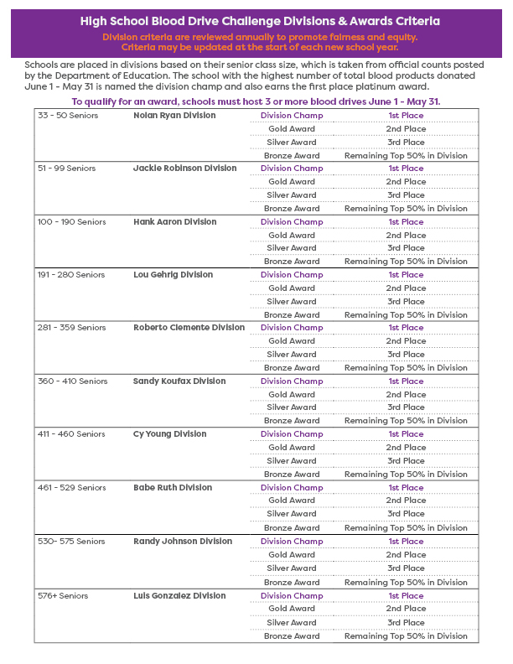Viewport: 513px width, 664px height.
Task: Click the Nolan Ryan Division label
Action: (174, 116)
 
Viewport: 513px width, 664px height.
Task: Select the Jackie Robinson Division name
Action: (184, 169)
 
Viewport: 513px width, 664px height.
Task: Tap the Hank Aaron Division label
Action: (174, 222)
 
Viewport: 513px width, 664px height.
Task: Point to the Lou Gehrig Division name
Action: (173, 275)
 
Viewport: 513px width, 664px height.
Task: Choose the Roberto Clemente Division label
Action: (189, 328)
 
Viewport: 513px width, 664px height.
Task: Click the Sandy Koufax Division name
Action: (179, 381)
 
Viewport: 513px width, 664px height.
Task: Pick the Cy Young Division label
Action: (169, 434)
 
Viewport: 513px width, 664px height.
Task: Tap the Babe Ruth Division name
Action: (173, 488)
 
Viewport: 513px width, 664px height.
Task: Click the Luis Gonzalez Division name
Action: (179, 596)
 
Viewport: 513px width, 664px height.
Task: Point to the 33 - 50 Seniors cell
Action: (68, 116)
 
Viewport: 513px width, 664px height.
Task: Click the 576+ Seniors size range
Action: (62, 596)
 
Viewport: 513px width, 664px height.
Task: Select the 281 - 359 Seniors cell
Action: (73, 328)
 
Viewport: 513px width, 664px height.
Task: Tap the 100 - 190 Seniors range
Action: (72, 222)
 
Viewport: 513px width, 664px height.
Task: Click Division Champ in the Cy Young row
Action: (291, 434)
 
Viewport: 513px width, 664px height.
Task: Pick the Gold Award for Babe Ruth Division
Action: (291, 501)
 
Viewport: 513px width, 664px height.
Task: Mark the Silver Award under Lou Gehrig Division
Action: (291, 302)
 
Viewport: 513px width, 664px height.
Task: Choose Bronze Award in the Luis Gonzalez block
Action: (291, 636)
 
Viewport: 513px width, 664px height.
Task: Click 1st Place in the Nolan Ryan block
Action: (406, 116)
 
